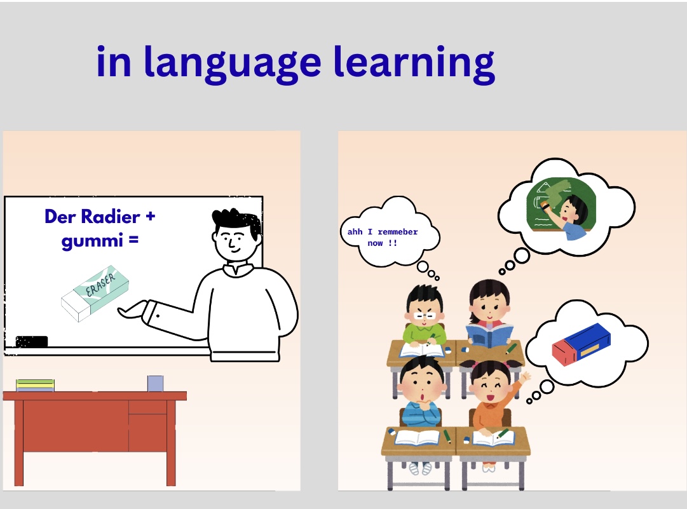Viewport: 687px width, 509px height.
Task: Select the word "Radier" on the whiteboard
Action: [111, 217]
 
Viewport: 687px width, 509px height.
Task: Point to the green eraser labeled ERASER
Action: [95, 293]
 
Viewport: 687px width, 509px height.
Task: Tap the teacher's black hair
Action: [237, 221]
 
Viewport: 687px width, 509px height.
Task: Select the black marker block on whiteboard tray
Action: [32, 342]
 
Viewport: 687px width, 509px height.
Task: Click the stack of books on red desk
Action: [35, 385]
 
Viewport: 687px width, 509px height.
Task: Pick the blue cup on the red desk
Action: [155, 383]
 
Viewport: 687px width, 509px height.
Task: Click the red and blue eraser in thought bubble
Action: [582, 344]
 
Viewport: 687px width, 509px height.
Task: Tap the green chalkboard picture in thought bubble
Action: [561, 204]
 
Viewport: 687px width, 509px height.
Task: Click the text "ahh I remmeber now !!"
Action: [383, 237]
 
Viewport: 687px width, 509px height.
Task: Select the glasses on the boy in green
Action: [424, 315]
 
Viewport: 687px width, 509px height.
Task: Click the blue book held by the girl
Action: [489, 336]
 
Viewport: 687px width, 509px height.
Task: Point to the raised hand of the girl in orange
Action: [525, 377]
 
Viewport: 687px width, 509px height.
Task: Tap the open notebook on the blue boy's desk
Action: [417, 437]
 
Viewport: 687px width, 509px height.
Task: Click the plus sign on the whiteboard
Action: [150, 216]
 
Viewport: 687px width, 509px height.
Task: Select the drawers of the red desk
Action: [147, 425]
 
